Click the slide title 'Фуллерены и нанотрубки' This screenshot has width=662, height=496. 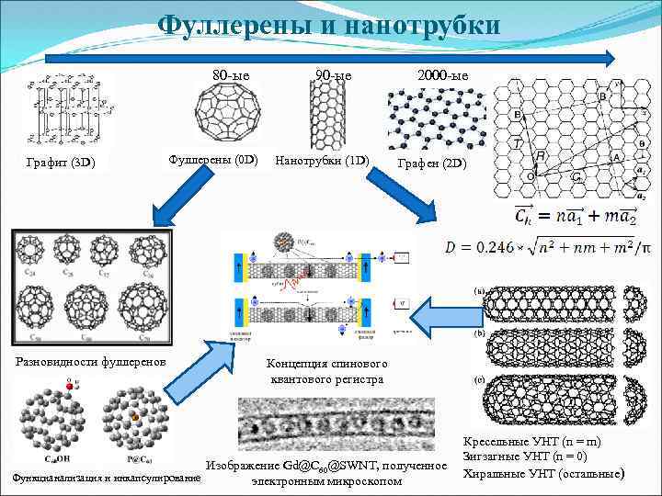(330, 25)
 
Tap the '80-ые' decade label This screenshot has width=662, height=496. (231, 74)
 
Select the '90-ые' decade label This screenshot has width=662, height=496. (333, 74)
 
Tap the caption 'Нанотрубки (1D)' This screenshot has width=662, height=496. (322, 161)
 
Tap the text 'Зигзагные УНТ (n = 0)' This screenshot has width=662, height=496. (531, 457)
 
